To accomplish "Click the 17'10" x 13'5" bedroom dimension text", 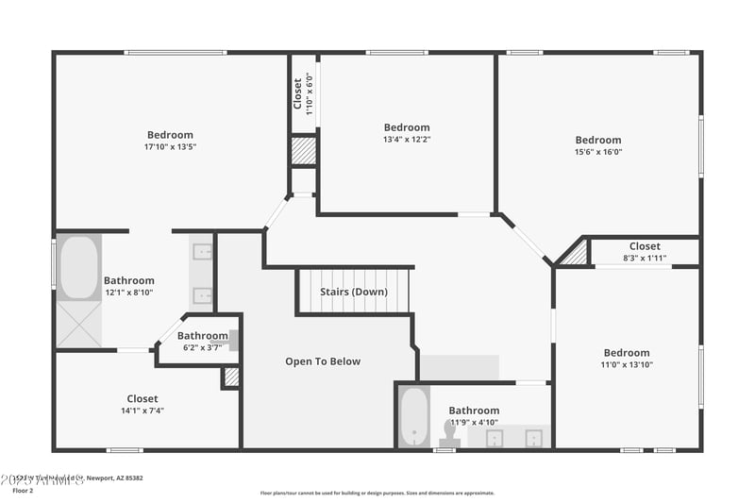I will click(x=170, y=147).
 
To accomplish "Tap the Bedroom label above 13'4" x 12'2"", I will click(x=407, y=127).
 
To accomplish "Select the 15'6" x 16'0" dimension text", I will click(x=598, y=152).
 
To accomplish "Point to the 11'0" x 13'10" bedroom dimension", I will click(x=627, y=364).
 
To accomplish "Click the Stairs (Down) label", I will click(x=354, y=292).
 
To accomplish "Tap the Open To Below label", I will click(x=323, y=361).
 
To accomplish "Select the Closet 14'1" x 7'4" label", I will click(x=143, y=398).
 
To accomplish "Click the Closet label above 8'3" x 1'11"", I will click(x=645, y=246).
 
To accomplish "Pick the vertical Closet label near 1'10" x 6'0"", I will click(x=297, y=93).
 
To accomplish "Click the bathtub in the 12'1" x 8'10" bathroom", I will click(x=78, y=267).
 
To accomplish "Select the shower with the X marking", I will click(x=78, y=324).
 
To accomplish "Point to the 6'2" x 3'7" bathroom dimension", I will click(x=203, y=347).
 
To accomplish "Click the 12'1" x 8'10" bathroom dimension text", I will click(x=129, y=293).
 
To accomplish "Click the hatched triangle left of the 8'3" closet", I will click(x=576, y=254).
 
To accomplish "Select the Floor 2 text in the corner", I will click(x=22, y=491).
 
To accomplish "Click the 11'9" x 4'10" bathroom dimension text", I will click(x=474, y=422).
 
